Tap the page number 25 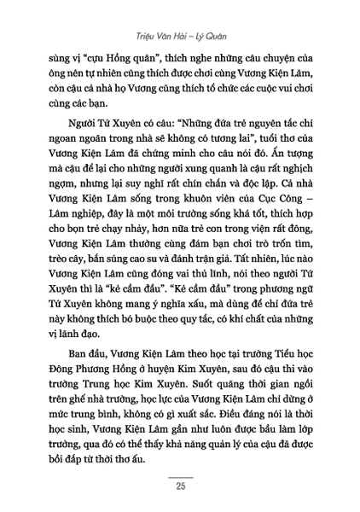pos(180,487)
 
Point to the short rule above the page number pos(180,478)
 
